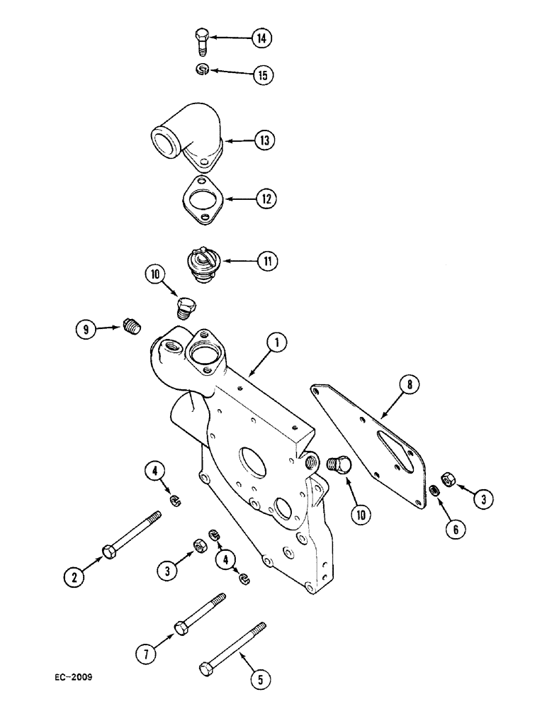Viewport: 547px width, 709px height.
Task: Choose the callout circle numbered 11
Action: (x=266, y=262)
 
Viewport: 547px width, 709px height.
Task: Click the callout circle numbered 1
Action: (x=276, y=343)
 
